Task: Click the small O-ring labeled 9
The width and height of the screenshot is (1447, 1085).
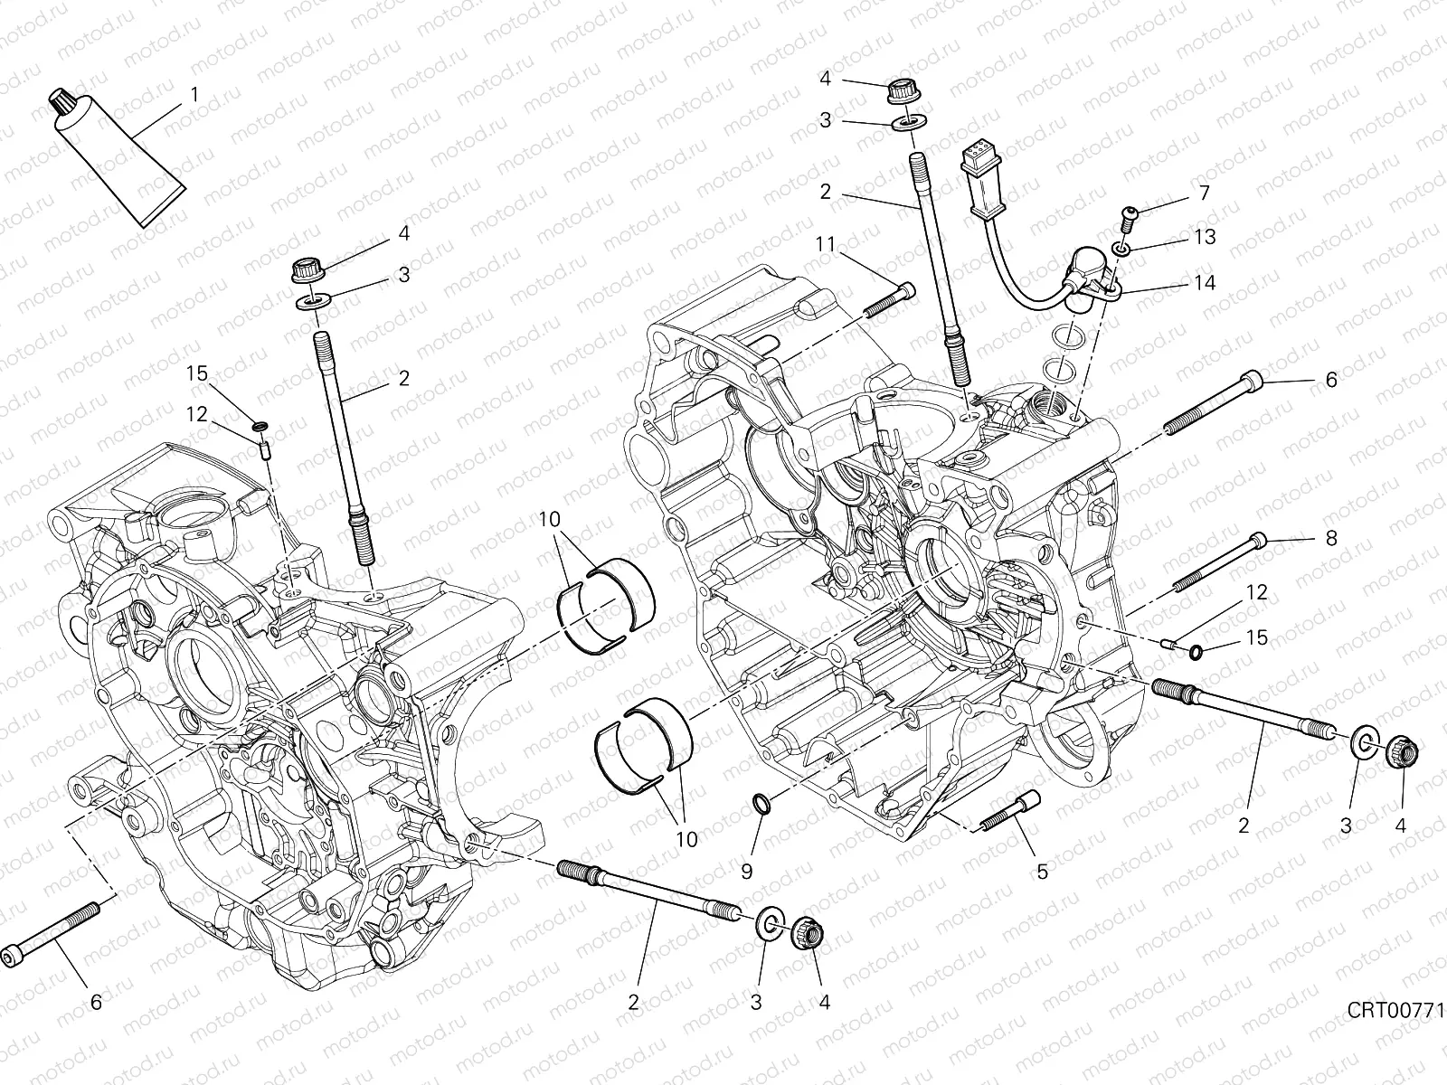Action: point(762,802)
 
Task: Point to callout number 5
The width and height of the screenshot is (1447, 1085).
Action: point(1042,872)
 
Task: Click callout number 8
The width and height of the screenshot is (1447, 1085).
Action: point(1330,538)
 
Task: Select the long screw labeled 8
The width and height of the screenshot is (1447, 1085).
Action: point(1222,562)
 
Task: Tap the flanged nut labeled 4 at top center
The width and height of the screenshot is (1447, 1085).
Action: point(899,90)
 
